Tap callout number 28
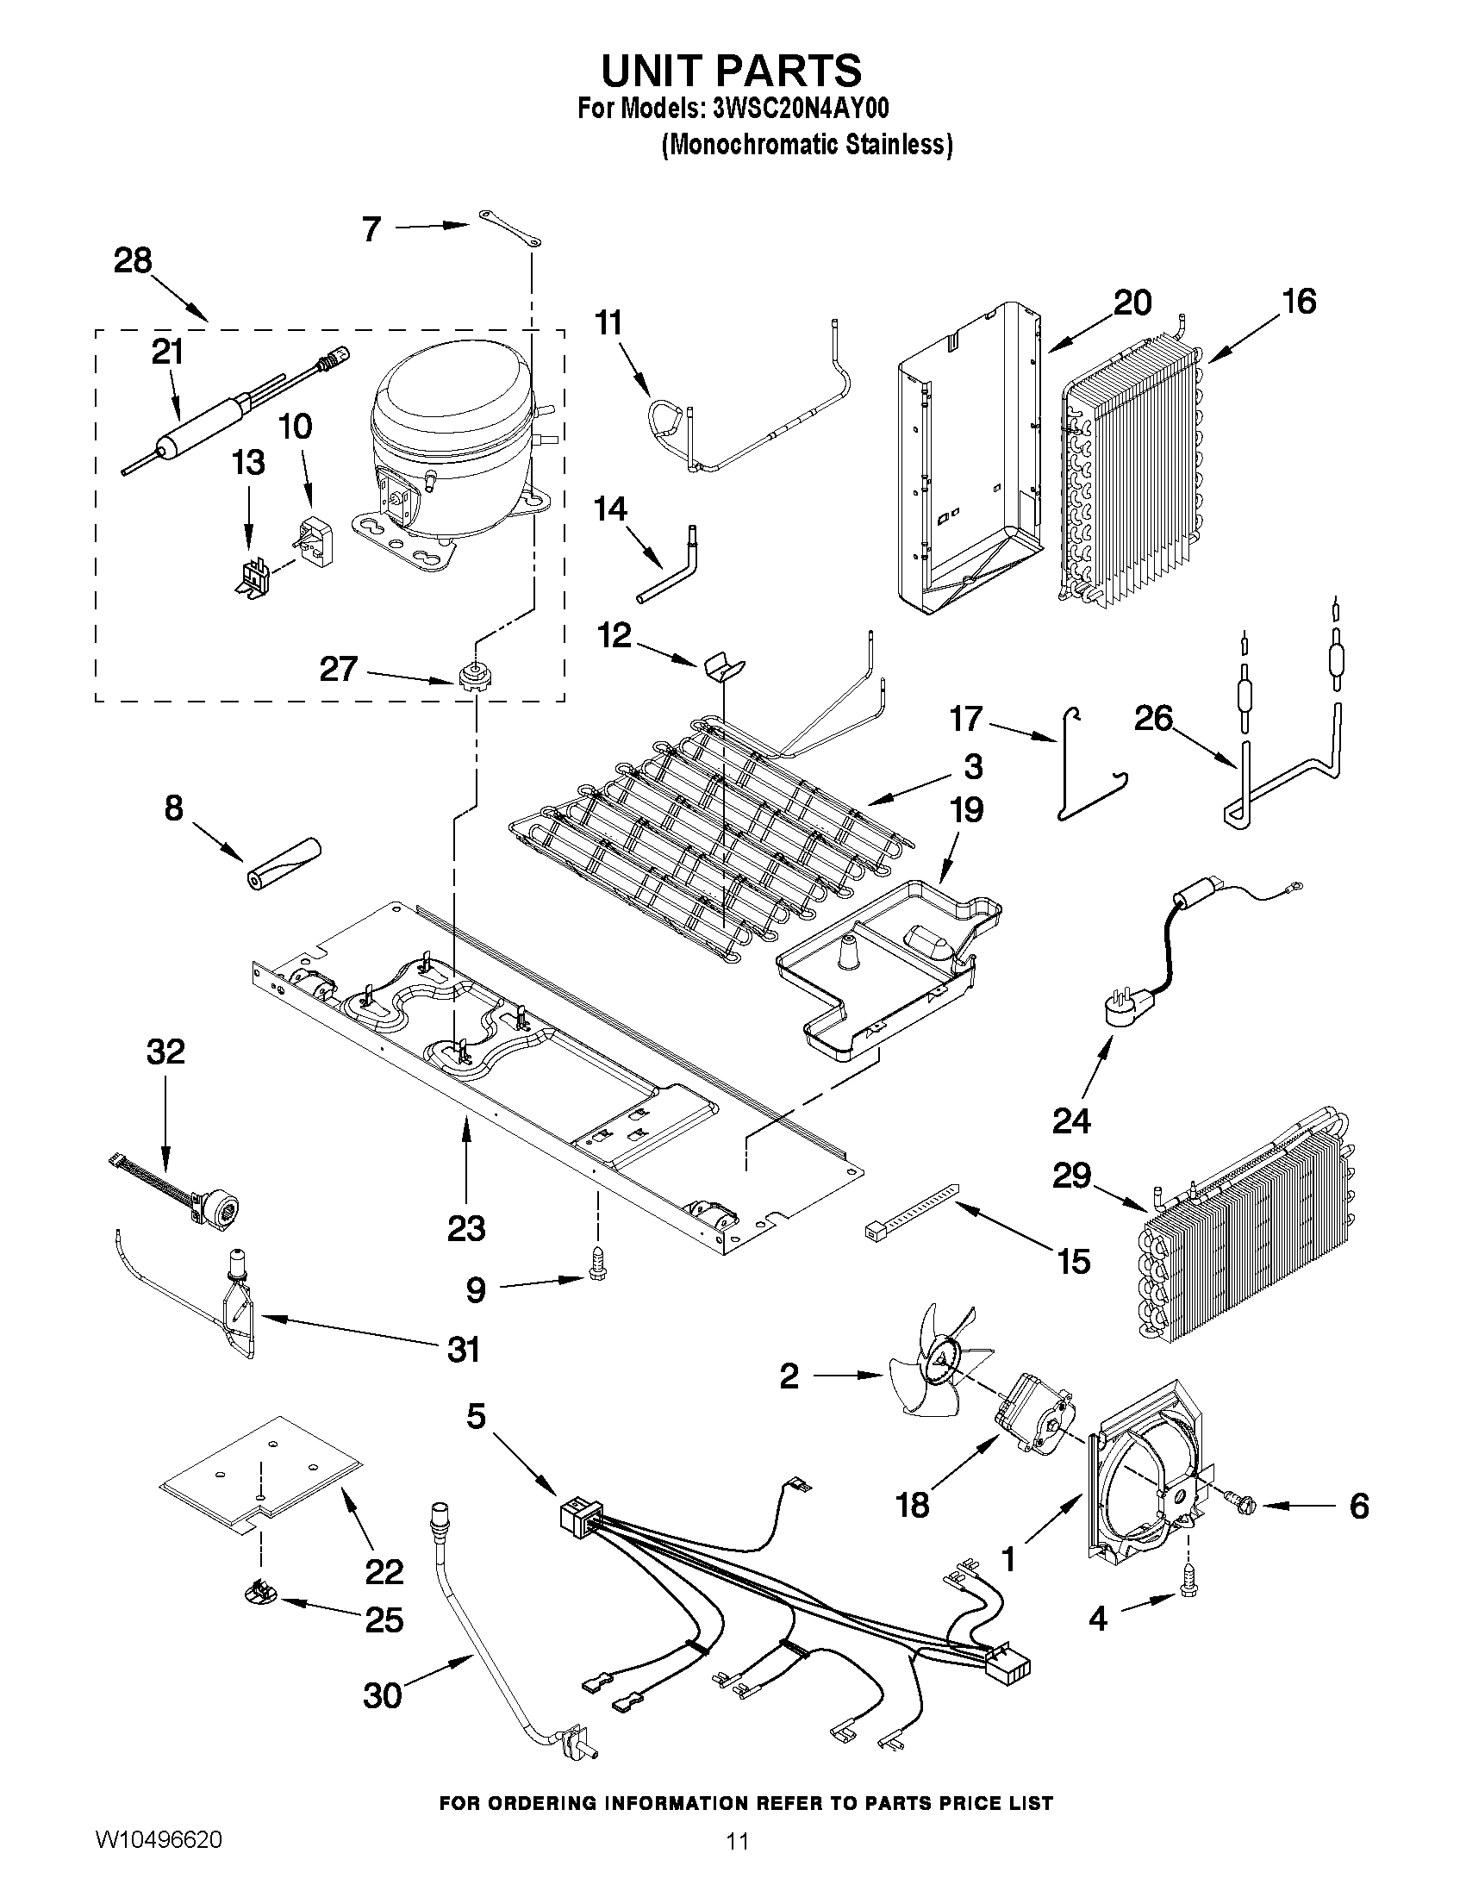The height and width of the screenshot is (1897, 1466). (133, 260)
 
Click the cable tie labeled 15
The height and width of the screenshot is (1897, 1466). (912, 1210)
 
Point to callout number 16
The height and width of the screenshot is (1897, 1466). (1298, 302)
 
